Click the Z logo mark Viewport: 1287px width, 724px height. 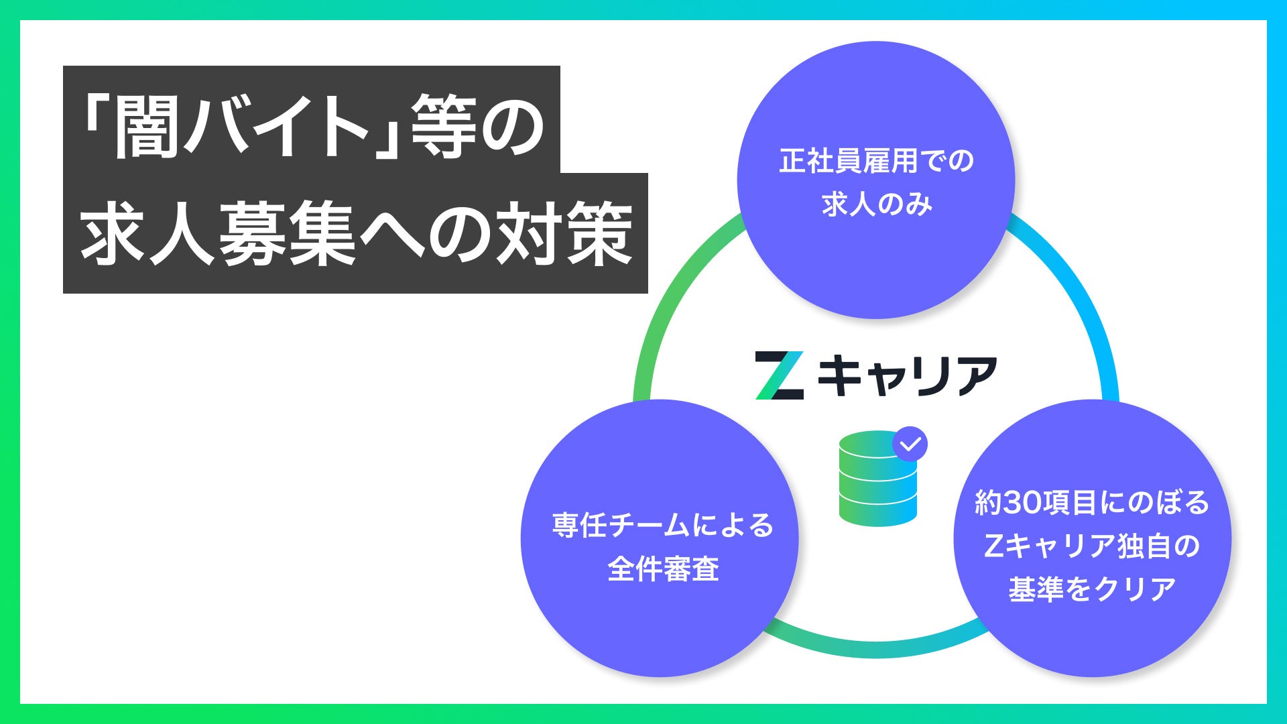tap(780, 375)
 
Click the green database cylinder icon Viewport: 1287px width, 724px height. tap(877, 479)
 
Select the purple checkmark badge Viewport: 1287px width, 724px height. tap(910, 444)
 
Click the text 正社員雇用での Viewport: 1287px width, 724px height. tap(876, 162)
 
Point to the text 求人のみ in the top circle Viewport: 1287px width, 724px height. tap(877, 204)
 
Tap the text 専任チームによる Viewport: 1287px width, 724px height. tap(662, 525)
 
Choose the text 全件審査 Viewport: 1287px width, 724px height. tap(663, 569)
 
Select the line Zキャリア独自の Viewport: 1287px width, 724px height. tap(1092, 546)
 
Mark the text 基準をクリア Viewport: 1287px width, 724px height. tap(1092, 589)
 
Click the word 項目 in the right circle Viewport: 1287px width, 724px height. tap(1070, 503)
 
